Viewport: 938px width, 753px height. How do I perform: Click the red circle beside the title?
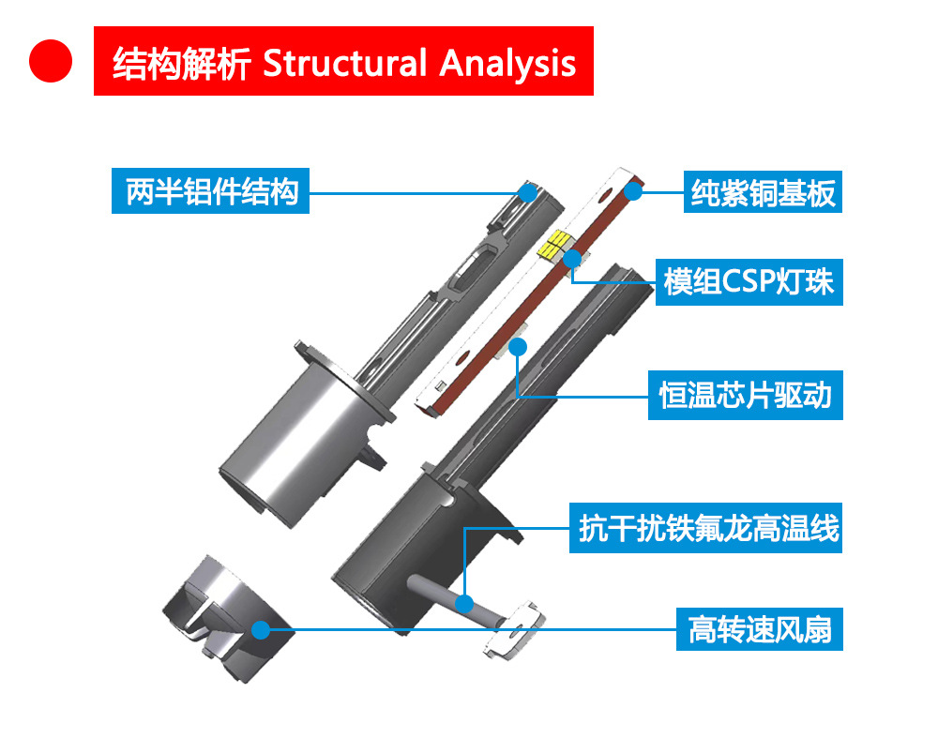51,61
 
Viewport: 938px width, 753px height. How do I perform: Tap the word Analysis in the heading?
507,63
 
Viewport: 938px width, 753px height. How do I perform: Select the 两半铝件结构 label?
211,191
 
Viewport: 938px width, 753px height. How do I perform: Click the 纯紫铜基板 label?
763,193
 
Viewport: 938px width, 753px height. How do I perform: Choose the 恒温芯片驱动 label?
746,395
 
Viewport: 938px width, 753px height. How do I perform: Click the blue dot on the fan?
260,629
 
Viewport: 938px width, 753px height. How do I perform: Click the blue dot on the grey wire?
464,601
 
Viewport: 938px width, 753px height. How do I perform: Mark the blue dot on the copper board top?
633,191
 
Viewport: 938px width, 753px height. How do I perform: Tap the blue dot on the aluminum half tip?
528,192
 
